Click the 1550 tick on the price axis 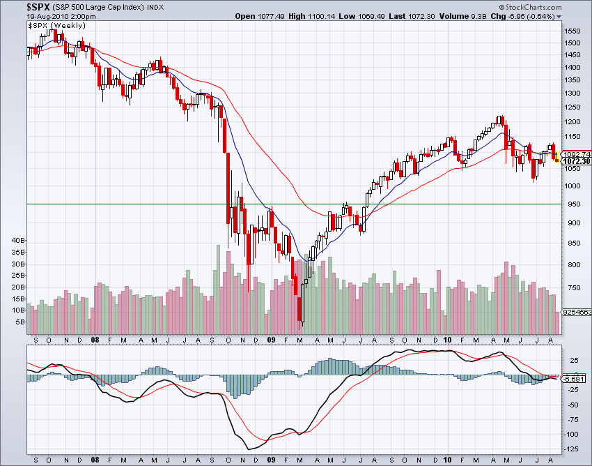pyautogui.click(x=572, y=31)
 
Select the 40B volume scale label pyautogui.click(x=18, y=240)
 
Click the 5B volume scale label pyautogui.click(x=20, y=322)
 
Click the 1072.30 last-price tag pyautogui.click(x=577, y=161)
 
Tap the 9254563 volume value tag pyautogui.click(x=577, y=313)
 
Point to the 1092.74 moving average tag pyautogui.click(x=577, y=154)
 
